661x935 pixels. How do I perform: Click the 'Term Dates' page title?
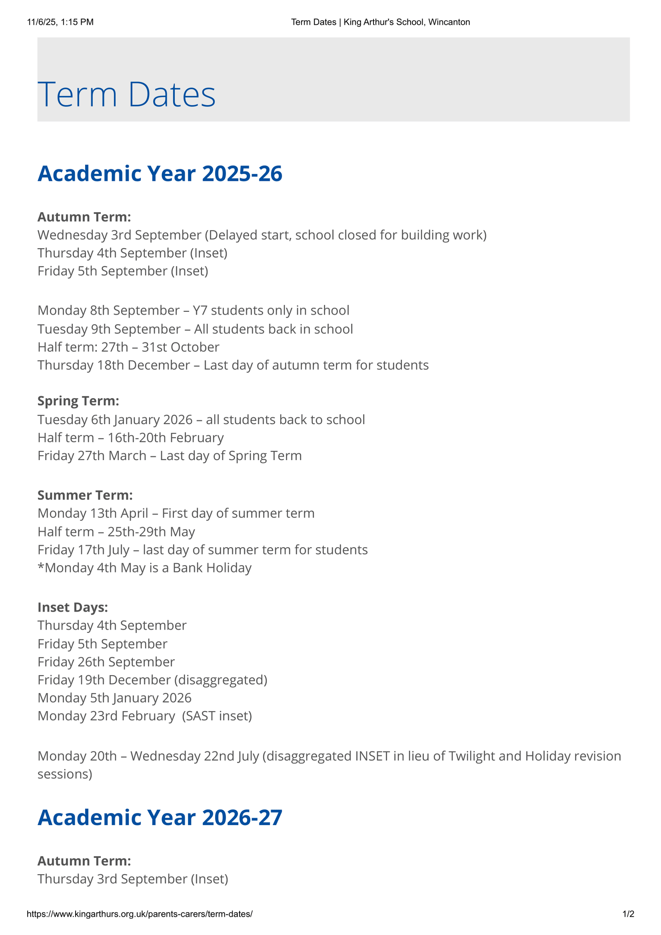pos(126,95)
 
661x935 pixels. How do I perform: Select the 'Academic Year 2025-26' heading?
pos(160,173)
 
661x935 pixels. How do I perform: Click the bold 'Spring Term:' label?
pos(78,401)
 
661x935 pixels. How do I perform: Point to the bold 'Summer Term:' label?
pos(85,495)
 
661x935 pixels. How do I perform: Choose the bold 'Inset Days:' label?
pos(73,607)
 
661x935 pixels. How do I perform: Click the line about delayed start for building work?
pos(262,235)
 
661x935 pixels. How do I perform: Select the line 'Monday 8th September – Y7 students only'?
pos(193,310)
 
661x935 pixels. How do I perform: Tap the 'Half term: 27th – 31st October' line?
pos(128,347)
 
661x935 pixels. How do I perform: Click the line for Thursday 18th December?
pos(233,365)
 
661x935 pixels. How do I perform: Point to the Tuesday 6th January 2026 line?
pos(201,420)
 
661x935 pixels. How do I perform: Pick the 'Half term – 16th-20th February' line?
pos(131,437)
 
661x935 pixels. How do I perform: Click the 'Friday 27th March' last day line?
pos(169,456)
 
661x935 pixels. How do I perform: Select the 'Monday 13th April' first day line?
pos(176,513)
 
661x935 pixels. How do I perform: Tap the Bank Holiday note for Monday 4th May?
pos(145,568)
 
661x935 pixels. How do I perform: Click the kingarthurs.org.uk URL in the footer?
pos(140,914)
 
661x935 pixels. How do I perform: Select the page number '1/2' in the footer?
pos(628,914)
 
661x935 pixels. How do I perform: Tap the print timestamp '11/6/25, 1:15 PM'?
pos(60,22)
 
